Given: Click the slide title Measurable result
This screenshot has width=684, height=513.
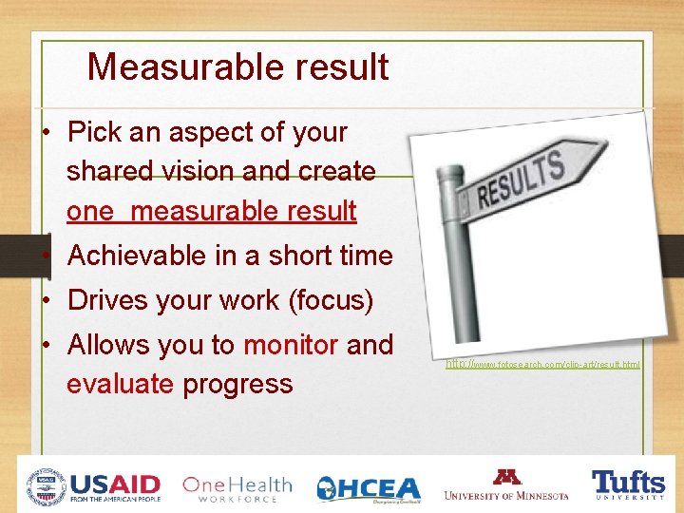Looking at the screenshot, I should coord(237,67).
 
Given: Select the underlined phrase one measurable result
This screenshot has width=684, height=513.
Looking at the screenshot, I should coord(211,211).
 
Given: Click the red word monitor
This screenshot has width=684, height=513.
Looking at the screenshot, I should coord(291,345).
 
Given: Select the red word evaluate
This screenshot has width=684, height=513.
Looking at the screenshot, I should coord(120,384).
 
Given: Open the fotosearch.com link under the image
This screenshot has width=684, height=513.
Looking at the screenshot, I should coord(542,364).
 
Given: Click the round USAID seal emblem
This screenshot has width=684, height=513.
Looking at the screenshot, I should coord(46,486).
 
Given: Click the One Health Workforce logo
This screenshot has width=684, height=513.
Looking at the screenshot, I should coord(237,487).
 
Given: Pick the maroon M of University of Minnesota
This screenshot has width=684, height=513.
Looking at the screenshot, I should coord(506,477).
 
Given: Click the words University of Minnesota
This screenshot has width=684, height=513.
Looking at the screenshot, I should coord(506,495).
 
